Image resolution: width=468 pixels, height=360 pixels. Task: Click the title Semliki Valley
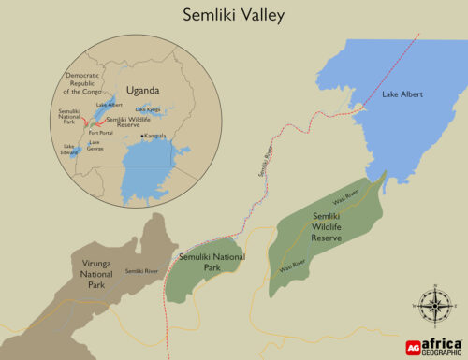pos(233,16)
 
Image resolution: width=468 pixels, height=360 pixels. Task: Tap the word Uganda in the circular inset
pos(143,91)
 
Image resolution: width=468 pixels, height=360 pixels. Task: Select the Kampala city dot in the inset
pos(141,137)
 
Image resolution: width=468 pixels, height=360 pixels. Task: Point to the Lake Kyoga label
pos(147,110)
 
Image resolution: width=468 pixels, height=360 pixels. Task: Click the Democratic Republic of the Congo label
pos(86,83)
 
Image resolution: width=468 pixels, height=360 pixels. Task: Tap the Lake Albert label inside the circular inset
pos(109,106)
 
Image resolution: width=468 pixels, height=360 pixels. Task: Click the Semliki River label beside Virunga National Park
pos(141,271)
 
